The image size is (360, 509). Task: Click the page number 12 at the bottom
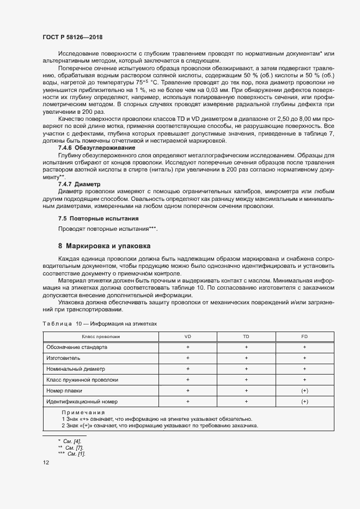click(46, 462)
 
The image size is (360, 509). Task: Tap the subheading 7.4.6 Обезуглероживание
click(96, 148)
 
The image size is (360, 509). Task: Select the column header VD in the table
click(187, 336)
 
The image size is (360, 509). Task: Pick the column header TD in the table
click(246, 336)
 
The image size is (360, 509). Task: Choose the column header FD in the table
click(304, 336)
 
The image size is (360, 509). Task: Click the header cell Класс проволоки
click(101, 336)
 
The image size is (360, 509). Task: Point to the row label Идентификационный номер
click(82, 401)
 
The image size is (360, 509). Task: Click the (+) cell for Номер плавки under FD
click(304, 390)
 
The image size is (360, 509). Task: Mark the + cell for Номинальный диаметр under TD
click(246, 369)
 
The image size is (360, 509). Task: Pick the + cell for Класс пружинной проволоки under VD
click(187, 379)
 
